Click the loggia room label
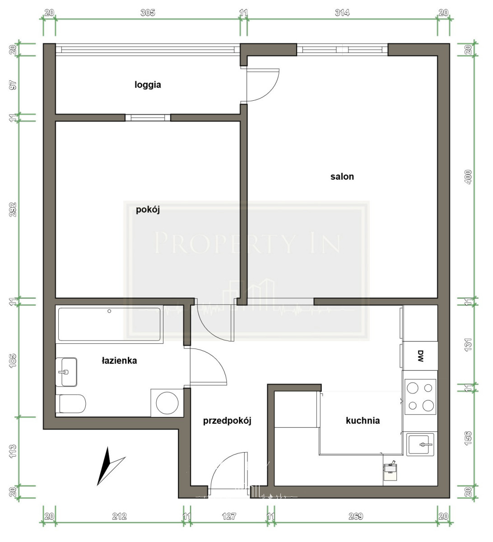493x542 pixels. [x=148, y=85]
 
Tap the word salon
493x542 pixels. [x=342, y=177]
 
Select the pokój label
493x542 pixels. [x=148, y=210]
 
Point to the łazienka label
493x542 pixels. [x=119, y=360]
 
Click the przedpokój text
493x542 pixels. [x=227, y=421]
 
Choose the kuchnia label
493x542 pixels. [x=363, y=421]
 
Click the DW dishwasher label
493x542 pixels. [x=420, y=356]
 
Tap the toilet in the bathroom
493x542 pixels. [x=71, y=404]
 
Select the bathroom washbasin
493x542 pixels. [x=66, y=372]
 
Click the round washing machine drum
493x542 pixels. [x=167, y=403]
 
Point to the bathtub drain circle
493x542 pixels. [x=109, y=311]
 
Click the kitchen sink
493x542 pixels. [x=420, y=444]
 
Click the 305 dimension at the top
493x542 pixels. [x=148, y=13]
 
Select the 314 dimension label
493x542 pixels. [x=342, y=13]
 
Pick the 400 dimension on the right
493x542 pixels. [x=468, y=177]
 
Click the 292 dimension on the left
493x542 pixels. [x=13, y=210]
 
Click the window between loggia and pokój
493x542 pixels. [x=148, y=117]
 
